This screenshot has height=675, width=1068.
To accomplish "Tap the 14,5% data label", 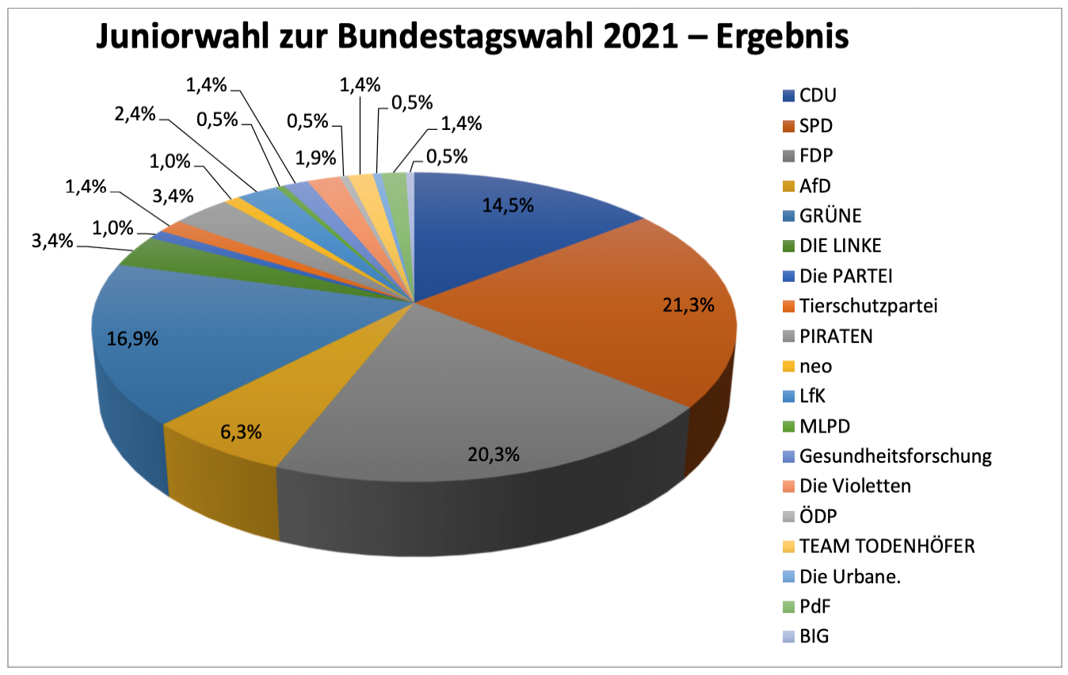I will [x=508, y=205].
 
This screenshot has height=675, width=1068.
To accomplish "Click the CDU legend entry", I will [x=818, y=95].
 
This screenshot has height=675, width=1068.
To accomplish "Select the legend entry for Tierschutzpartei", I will [x=868, y=306].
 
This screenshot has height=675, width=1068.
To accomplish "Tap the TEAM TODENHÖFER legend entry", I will [x=887, y=546].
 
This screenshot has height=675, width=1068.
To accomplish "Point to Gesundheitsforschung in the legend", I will [x=895, y=456].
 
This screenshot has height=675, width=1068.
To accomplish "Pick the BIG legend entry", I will [x=814, y=636].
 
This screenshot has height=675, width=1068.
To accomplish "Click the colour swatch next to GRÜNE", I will [x=788, y=215].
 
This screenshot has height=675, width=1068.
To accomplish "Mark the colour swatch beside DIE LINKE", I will [x=788, y=246].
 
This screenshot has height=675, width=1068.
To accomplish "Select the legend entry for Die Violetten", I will [x=855, y=486].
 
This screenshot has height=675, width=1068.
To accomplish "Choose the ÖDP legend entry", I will [x=818, y=516].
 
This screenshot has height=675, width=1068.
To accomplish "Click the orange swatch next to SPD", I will [x=788, y=125].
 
